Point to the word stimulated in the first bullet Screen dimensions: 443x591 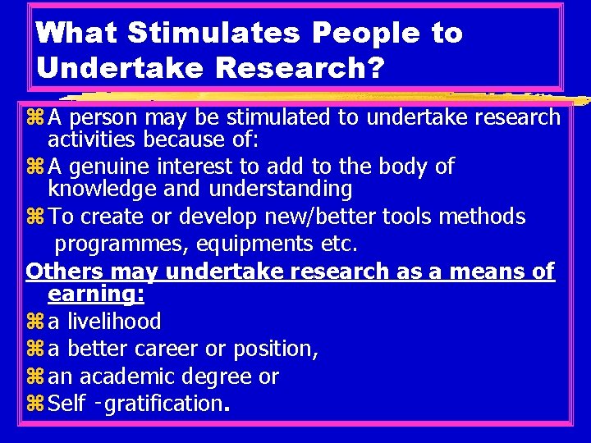pyautogui.click(x=267, y=118)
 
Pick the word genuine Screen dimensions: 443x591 pyautogui.click(x=112, y=167)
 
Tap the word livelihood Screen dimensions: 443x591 pyautogui.click(x=114, y=321)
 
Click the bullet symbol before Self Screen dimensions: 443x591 pyautogui.click(x=34, y=404)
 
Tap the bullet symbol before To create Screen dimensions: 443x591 pyautogui.click(x=34, y=217)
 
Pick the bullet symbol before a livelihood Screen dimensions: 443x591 pyautogui.click(x=34, y=322)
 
